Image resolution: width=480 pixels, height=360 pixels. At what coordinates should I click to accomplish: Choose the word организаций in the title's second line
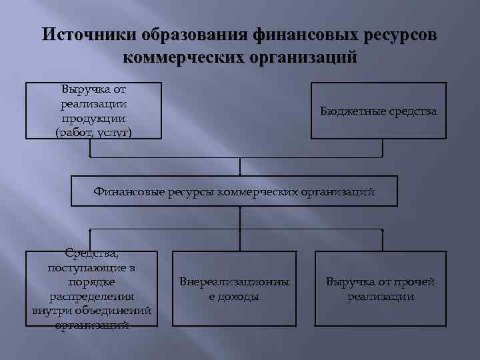304,57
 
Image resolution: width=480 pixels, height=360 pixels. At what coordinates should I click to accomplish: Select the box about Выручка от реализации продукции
93,111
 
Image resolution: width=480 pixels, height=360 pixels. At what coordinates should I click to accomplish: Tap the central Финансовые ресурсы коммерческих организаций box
234,191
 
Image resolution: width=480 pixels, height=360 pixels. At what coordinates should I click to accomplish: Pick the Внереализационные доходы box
234,289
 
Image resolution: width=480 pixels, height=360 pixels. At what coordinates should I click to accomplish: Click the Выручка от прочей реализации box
380,289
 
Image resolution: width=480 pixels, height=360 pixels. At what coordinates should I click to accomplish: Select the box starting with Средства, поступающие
92,289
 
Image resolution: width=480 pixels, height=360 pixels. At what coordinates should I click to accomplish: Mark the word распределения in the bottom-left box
92,296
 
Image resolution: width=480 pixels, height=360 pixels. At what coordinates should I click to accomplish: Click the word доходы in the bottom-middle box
234,297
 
